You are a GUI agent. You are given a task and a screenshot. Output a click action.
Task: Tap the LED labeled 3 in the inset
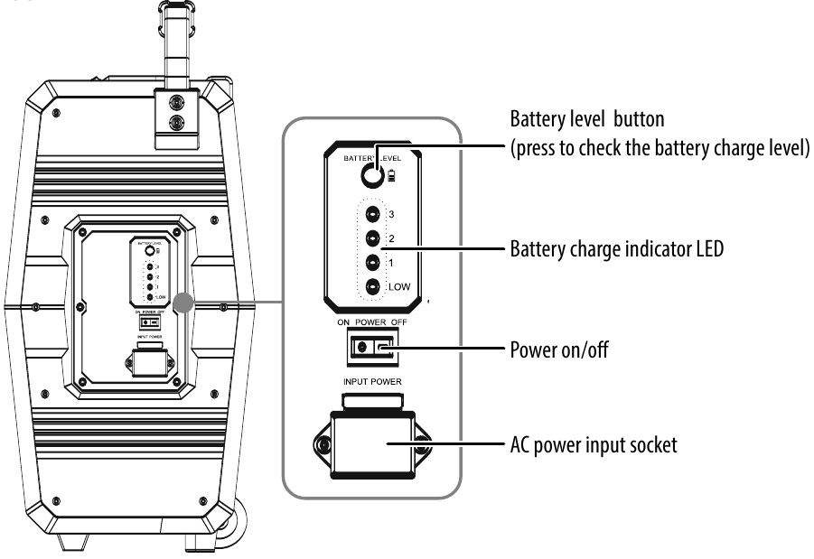pyautogui.click(x=373, y=215)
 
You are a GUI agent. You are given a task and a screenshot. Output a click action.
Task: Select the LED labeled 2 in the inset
pyautogui.click(x=373, y=239)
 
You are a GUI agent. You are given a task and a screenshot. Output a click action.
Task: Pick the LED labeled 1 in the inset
pyautogui.click(x=373, y=264)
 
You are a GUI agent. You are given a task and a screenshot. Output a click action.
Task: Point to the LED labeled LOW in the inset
pyautogui.click(x=373, y=289)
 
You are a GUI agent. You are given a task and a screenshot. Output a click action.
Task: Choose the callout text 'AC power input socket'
pyautogui.click(x=593, y=444)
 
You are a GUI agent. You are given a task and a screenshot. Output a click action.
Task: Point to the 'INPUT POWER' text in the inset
pyautogui.click(x=372, y=382)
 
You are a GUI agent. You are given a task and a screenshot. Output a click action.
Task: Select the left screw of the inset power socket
pyautogui.click(x=323, y=446)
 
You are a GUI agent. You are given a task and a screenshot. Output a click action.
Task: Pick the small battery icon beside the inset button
pyautogui.click(x=390, y=178)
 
